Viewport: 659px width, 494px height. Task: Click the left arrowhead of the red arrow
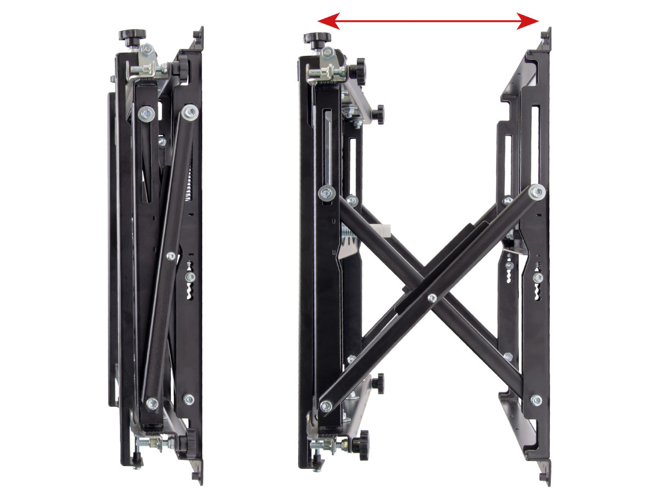(324, 21)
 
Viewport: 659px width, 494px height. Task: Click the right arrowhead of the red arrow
(534, 21)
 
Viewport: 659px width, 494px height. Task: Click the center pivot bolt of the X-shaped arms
(432, 298)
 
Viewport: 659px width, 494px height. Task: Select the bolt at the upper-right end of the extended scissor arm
(537, 192)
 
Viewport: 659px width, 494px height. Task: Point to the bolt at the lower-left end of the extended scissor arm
(326, 406)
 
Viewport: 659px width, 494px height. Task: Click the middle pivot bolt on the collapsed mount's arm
(170, 255)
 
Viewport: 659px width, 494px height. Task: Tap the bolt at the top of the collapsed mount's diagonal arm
(191, 113)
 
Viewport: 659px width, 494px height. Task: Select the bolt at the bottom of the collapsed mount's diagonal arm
(152, 401)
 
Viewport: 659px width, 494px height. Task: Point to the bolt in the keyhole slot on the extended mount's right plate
(537, 278)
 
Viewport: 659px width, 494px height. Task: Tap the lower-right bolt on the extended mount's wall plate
(536, 400)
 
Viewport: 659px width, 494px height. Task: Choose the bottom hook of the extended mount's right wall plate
(544, 476)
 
